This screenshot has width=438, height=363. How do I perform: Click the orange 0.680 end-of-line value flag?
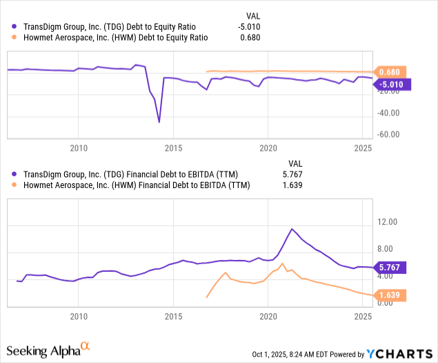[390, 72]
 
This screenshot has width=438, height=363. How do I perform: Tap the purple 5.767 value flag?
[390, 267]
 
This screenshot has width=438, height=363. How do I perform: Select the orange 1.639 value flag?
[390, 295]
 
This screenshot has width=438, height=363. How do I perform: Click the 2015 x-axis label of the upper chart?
[173, 147]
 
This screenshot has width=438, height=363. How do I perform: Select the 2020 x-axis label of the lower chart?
[268, 316]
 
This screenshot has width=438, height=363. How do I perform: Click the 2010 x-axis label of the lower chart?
[79, 316]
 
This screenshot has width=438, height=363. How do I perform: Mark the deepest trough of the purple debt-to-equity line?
[159, 122]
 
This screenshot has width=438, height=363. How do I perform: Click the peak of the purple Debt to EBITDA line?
[292, 229]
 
